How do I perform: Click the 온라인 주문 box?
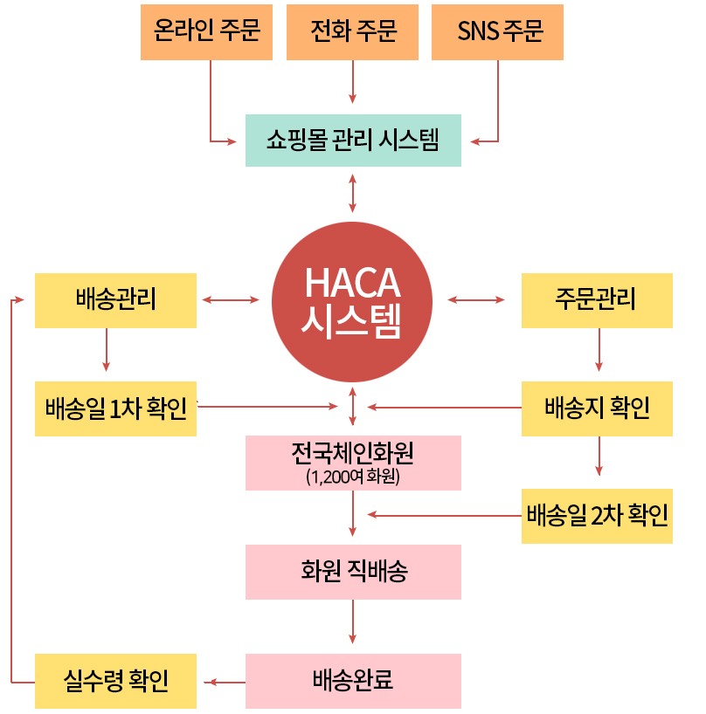click(x=206, y=32)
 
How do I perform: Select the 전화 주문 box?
click(x=352, y=32)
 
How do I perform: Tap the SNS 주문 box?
click(x=498, y=32)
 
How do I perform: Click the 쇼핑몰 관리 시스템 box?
click(x=353, y=141)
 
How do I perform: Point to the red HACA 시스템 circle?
click(x=352, y=301)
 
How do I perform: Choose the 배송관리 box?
click(x=115, y=300)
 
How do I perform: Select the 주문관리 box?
click(x=597, y=300)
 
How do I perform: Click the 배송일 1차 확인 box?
click(x=115, y=408)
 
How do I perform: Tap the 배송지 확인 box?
click(x=597, y=408)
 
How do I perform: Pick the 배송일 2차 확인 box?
click(x=597, y=516)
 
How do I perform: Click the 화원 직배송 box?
click(x=353, y=572)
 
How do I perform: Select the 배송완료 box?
click(x=353, y=681)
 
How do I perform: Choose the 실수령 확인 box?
click(x=115, y=681)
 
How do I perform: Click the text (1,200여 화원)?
click(x=353, y=477)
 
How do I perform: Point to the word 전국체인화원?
click(x=352, y=453)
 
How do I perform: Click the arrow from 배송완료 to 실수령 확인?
click(x=225, y=682)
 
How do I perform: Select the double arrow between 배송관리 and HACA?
click(x=231, y=299)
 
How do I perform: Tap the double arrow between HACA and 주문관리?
click(x=476, y=299)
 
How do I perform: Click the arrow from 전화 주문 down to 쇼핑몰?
click(x=352, y=82)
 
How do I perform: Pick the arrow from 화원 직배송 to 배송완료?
click(x=352, y=621)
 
